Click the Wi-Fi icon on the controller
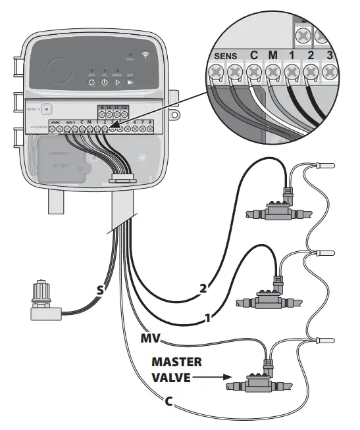coord(145,54)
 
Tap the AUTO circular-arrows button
coord(91,84)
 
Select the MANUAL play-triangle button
coord(117,84)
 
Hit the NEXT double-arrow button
coord(130,84)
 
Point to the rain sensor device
coord(46,299)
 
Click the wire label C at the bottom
coord(168,401)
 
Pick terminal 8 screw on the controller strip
coord(151,130)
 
